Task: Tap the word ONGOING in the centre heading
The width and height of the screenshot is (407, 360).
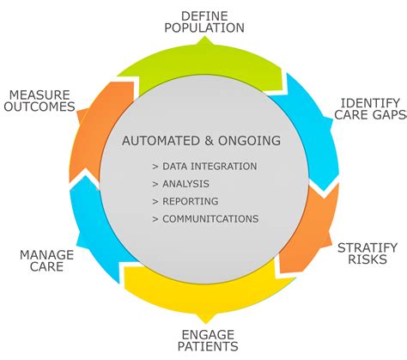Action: pyautogui.click(x=253, y=140)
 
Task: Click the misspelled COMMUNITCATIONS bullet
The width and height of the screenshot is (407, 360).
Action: pyautogui.click(x=205, y=218)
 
